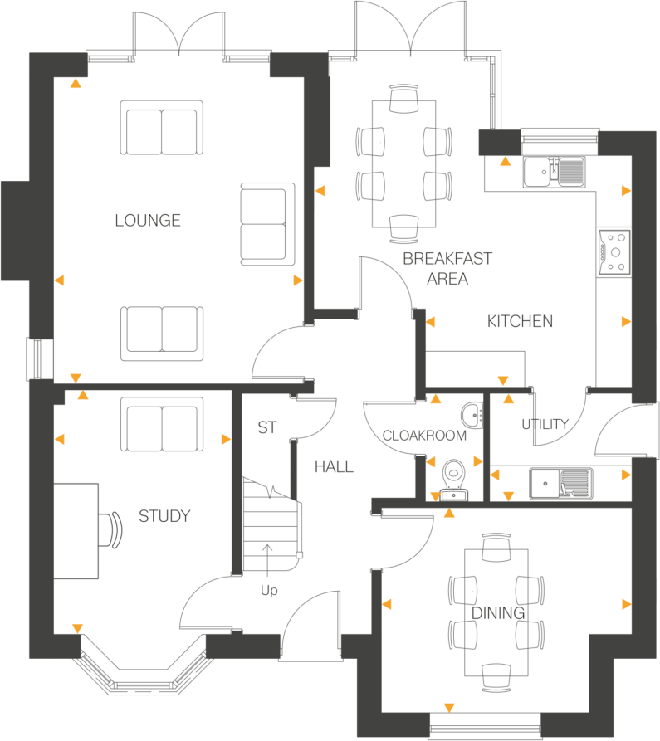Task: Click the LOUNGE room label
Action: pyautogui.click(x=148, y=221)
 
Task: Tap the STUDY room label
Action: pyautogui.click(x=164, y=516)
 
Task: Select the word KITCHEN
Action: pyautogui.click(x=520, y=321)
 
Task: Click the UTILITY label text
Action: pyautogui.click(x=545, y=425)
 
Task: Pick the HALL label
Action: pyautogui.click(x=334, y=467)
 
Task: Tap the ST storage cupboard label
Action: pyautogui.click(x=266, y=428)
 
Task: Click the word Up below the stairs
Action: pyautogui.click(x=269, y=591)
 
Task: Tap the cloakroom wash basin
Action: pyautogui.click(x=469, y=412)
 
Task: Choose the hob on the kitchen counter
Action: pyautogui.click(x=614, y=251)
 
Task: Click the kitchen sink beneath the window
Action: pyautogui.click(x=554, y=172)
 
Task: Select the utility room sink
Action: pyautogui.click(x=560, y=481)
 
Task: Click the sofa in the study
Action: pyautogui.click(x=162, y=423)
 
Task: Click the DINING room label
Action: pyautogui.click(x=498, y=613)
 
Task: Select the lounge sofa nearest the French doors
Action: pyautogui.click(x=161, y=128)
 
